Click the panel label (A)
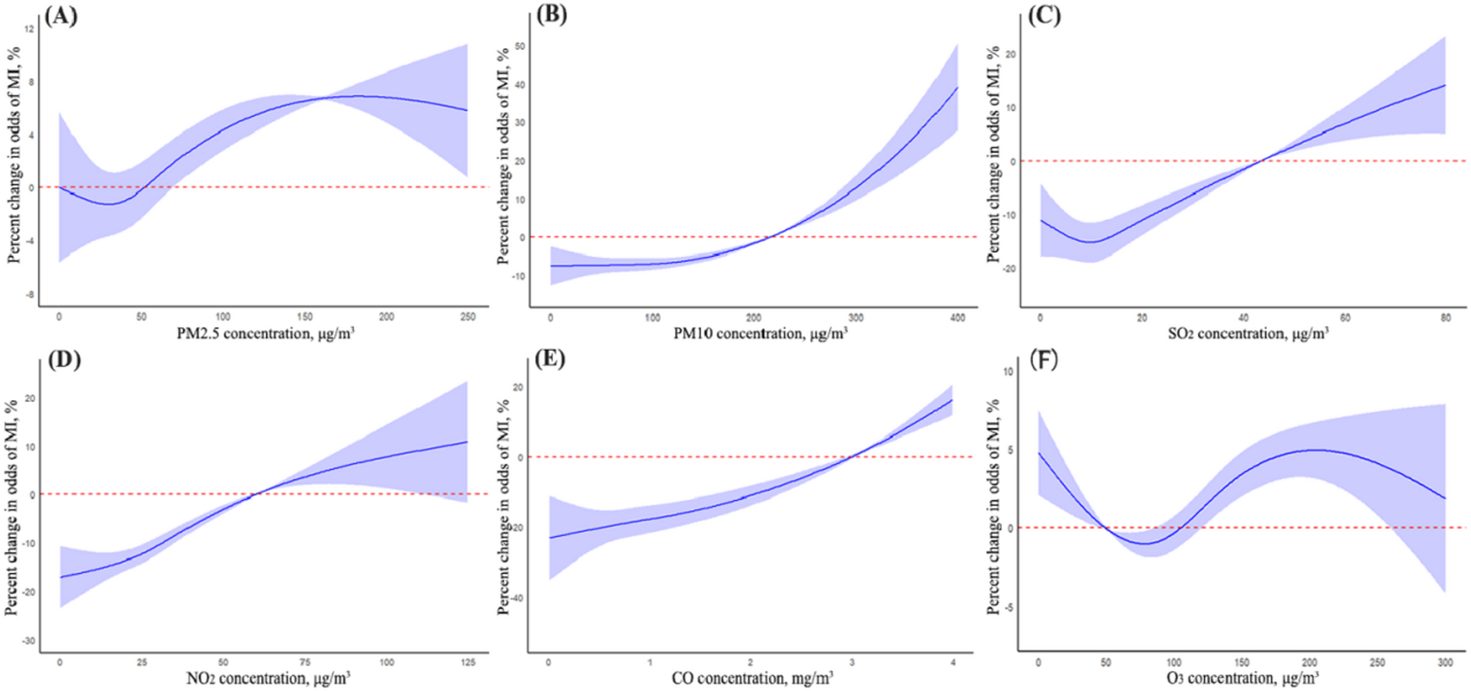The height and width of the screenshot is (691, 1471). tap(61, 16)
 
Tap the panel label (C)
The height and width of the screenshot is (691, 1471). tap(1044, 16)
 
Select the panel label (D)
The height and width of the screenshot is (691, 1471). tap(64, 359)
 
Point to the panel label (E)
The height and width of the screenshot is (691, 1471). tap(550, 359)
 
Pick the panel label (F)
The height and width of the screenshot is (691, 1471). tap(1043, 359)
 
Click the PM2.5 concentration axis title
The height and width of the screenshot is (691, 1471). tap(265, 334)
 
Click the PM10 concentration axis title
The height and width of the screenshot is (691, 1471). tap(761, 334)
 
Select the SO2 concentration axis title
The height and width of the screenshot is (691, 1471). tap(1248, 334)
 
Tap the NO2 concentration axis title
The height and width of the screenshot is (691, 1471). tap(268, 678)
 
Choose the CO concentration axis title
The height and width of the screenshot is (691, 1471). tap(752, 678)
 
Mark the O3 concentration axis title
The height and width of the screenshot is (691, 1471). tap(1243, 678)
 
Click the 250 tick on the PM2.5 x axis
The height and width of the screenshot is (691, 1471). tap(468, 317)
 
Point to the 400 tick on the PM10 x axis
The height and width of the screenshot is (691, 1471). tap(957, 318)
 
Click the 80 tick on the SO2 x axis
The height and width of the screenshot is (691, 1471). tap(1446, 318)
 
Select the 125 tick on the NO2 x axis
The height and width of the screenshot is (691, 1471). tap(468, 662)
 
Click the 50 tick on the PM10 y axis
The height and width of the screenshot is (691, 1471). tap(521, 47)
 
